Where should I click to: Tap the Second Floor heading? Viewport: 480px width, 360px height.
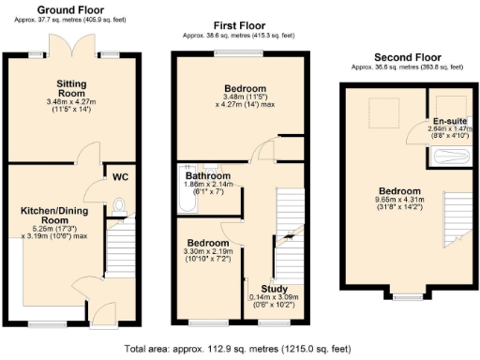[x=404, y=57]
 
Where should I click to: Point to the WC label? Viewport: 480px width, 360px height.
[x=120, y=175]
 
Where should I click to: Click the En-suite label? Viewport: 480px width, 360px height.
[x=444, y=121]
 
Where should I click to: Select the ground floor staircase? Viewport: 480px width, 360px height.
[x=118, y=250]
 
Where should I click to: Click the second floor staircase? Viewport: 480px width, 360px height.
[x=454, y=219]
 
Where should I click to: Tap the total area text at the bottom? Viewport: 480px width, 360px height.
[x=238, y=348]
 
